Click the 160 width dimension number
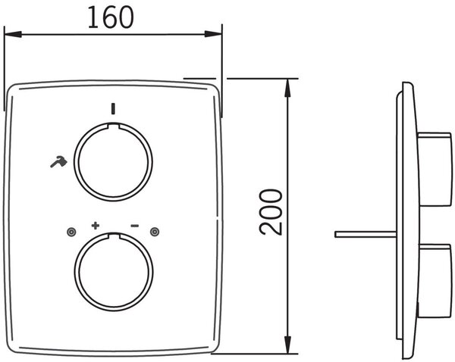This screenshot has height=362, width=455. [111, 17]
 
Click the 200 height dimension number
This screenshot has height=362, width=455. [271, 212]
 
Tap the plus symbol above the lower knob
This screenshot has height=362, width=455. [96, 226]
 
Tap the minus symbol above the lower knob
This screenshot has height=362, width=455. [135, 226]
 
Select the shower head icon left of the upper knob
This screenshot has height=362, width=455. [58, 162]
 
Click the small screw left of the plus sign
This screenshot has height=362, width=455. [71, 232]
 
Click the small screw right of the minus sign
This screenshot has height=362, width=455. [155, 232]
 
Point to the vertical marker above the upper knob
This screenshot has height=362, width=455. [113, 108]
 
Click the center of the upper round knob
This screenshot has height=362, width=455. [113, 162]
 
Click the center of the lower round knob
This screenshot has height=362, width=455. [114, 272]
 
